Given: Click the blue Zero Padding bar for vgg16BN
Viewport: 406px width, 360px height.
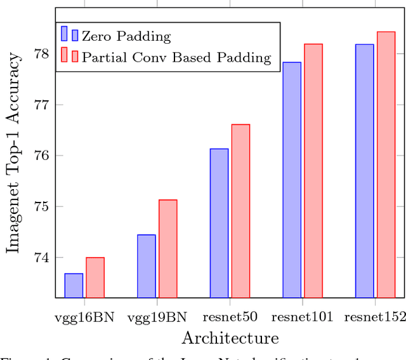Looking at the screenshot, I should click(x=74, y=286).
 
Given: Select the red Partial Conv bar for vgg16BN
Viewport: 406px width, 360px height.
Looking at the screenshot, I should click(x=95, y=277).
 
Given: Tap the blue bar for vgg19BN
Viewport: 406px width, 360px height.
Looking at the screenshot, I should click(x=147, y=266).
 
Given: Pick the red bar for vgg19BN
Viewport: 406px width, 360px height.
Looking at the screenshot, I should click(x=168, y=248).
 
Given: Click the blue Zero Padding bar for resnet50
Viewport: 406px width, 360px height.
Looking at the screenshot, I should click(x=219, y=223).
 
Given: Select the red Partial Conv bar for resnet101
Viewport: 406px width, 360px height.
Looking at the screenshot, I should click(x=313, y=171).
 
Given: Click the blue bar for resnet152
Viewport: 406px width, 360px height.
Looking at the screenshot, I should click(x=364, y=171).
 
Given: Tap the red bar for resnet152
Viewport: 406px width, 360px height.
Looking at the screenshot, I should click(x=386, y=164).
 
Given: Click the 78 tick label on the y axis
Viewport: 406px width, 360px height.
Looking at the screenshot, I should click(x=41, y=54).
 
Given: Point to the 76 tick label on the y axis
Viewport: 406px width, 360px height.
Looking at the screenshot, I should click(x=41, y=156).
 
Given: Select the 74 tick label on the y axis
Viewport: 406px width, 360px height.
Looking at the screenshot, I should click(x=41, y=258).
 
